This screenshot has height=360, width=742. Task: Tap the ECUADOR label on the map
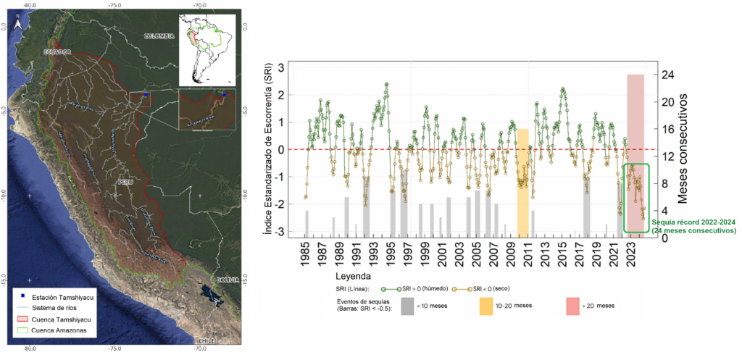pyautogui.click(x=59, y=52)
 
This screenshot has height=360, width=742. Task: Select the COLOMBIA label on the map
pyautogui.click(x=159, y=35)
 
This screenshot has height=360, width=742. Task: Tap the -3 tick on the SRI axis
pyautogui.click(x=280, y=232)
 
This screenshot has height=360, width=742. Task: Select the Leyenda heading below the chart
pyautogui.click(x=354, y=276)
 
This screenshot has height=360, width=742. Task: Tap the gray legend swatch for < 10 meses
pyautogui.click(x=408, y=306)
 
